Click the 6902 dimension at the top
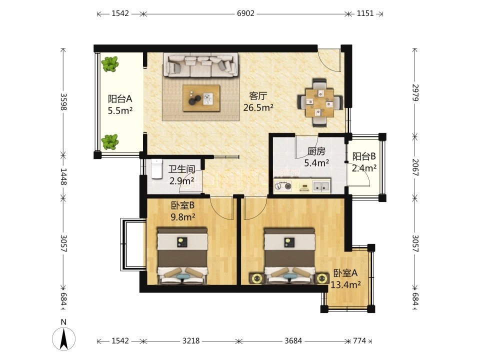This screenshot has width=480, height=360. [x=245, y=13]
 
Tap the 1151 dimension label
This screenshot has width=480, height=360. [x=365, y=13]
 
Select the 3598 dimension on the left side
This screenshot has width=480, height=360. [x=63, y=101]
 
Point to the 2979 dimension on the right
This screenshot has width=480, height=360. [x=415, y=92]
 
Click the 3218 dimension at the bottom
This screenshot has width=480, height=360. [x=191, y=340]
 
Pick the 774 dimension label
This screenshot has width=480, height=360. [x=359, y=340]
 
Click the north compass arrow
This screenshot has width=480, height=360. [x=63, y=338]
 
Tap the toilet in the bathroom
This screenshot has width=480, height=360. [x=156, y=168]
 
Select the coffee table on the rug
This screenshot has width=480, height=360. [x=201, y=98]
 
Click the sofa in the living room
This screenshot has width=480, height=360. [x=201, y=65]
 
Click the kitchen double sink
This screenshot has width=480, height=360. [x=321, y=186]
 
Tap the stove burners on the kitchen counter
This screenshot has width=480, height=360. [x=283, y=186]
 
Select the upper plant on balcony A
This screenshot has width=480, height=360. [x=110, y=63]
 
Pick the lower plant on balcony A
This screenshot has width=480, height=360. [x=109, y=141]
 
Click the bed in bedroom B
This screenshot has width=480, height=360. [x=182, y=255]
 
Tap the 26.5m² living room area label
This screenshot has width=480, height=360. [x=258, y=107]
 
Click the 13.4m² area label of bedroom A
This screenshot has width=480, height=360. [x=345, y=285]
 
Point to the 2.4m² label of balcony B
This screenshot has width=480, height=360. [x=364, y=168]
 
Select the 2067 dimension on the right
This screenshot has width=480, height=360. [x=415, y=167]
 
